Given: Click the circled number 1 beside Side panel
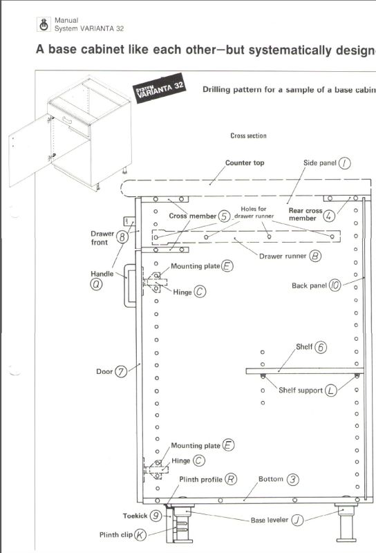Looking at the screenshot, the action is click(345, 163).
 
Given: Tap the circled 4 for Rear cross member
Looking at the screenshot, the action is click(329, 216).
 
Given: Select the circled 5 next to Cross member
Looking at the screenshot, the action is click(224, 216).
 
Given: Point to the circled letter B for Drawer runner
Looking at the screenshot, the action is click(315, 256).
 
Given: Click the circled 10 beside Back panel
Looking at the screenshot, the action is click(335, 285).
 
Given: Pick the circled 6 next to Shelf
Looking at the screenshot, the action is click(320, 348).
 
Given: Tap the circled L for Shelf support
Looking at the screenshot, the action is click(331, 391).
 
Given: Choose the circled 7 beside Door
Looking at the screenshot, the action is click(121, 372).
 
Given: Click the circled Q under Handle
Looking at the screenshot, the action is click(96, 284).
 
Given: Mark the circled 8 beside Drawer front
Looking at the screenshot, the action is click(122, 237).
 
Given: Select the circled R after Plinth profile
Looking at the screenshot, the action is click(231, 479).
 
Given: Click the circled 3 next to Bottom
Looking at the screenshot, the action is click(292, 479).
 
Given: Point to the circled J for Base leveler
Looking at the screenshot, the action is click(297, 520).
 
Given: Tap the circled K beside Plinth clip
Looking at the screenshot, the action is click(140, 535).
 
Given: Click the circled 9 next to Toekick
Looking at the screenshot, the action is click(156, 516).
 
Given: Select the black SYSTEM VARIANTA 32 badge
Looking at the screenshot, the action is click(160, 88).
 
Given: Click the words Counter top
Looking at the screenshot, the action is click(245, 162).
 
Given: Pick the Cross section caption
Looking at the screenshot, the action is click(248, 135).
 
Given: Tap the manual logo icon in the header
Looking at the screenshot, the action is click(44, 25).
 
